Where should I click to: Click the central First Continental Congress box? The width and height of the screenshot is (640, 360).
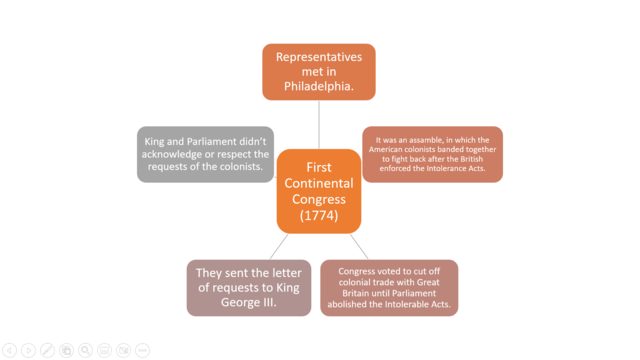pyautogui.click(x=318, y=191)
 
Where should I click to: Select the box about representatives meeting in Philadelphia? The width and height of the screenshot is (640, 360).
pyautogui.click(x=318, y=72)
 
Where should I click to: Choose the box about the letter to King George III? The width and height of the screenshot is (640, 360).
pyautogui.click(x=248, y=288)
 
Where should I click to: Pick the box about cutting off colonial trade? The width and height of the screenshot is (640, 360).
pyautogui.click(x=388, y=288)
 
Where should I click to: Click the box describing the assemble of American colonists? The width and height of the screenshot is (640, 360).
pyautogui.click(x=432, y=154)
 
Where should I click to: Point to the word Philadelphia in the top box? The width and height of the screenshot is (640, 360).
pyautogui.click(x=318, y=87)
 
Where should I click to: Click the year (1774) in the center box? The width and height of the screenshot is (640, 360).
pyautogui.click(x=318, y=214)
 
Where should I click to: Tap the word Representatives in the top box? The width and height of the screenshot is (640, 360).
pyautogui.click(x=318, y=57)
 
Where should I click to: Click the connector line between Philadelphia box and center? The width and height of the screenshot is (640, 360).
pyautogui.click(x=319, y=124)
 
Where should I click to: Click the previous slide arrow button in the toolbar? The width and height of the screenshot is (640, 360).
pyautogui.click(x=9, y=350)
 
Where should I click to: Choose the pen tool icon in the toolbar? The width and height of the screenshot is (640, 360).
pyautogui.click(x=47, y=350)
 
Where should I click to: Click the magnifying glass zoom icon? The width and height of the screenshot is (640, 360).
pyautogui.click(x=85, y=350)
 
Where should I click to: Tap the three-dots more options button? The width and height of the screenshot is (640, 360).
pyautogui.click(x=142, y=350)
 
